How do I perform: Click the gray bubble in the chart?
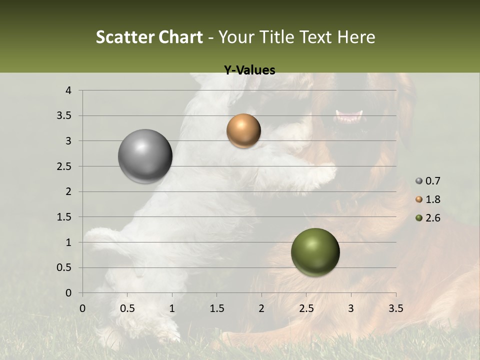pos(145,156)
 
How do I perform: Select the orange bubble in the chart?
pos(243,131)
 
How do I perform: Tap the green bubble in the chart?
pos(315,252)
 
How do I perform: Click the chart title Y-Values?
pos(249,70)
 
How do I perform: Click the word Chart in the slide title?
pos(180,37)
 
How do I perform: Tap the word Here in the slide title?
pos(356,37)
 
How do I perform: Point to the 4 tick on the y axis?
pos(69,90)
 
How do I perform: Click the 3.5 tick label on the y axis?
pos(64,115)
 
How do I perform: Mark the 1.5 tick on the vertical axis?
pos(64,217)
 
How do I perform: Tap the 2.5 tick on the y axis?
pos(64,166)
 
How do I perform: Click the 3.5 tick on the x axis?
pos(395,308)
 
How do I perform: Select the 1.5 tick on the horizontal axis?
pos(216,308)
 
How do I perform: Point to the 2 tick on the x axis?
pos(261,308)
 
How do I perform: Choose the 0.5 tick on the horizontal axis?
pos(127,308)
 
